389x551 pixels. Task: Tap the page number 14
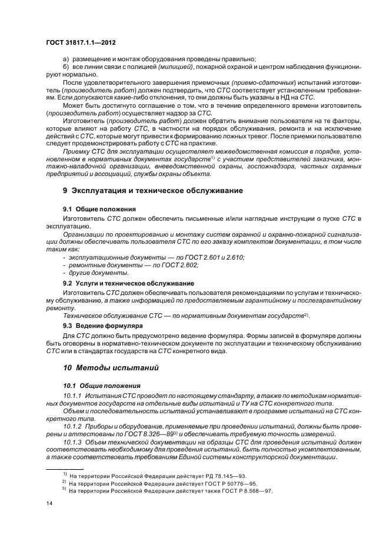coord(49,503)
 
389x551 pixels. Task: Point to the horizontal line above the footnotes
coord(65,469)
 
